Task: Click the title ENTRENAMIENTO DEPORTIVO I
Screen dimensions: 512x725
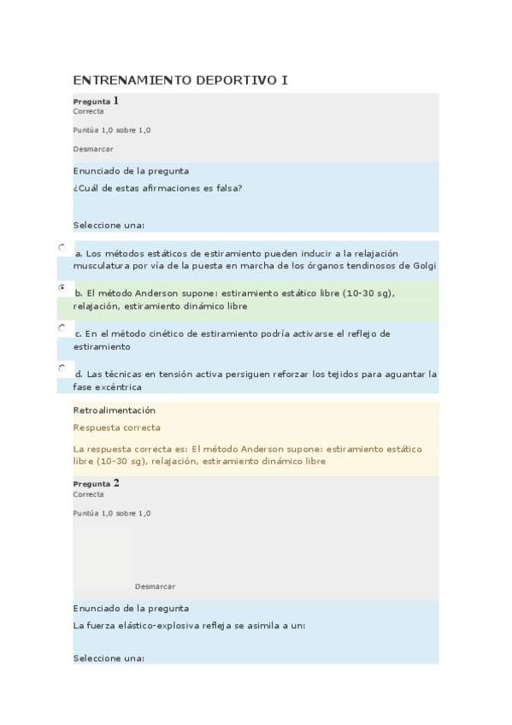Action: pyautogui.click(x=180, y=80)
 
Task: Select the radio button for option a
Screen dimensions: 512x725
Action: pyautogui.click(x=62, y=247)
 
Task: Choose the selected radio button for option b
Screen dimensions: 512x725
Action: pyautogui.click(x=62, y=287)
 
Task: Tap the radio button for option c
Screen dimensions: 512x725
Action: pyautogui.click(x=62, y=327)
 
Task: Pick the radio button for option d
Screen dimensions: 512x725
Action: pyautogui.click(x=62, y=368)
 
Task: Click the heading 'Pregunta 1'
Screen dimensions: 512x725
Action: pyautogui.click(x=96, y=101)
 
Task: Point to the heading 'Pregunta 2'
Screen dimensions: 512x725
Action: pyautogui.click(x=96, y=484)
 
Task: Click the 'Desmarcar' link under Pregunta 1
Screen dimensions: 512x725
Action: pyautogui.click(x=93, y=149)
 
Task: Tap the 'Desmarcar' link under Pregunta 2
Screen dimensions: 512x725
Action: pyautogui.click(x=155, y=586)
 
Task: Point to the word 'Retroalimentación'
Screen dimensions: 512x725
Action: pyautogui.click(x=115, y=410)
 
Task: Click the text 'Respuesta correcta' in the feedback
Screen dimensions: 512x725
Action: pyautogui.click(x=117, y=427)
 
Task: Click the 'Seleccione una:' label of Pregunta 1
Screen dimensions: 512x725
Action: pyautogui.click(x=109, y=226)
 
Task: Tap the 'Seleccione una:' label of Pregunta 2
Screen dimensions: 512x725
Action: pyautogui.click(x=109, y=658)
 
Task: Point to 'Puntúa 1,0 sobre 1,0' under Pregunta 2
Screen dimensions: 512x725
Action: pyautogui.click(x=112, y=513)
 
